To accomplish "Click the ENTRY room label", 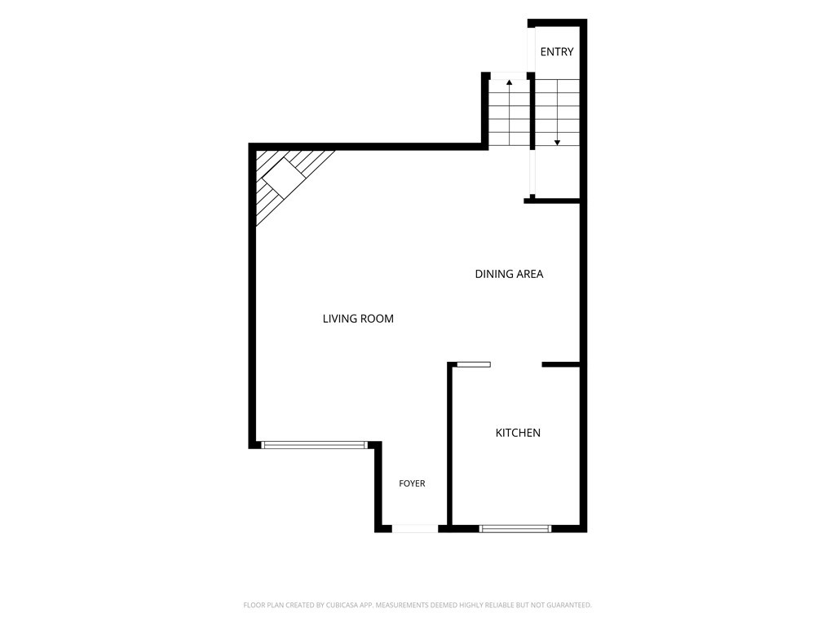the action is click(556, 51).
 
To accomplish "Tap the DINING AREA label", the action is click(509, 274).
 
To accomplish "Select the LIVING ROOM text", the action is click(358, 319).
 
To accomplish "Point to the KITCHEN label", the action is click(518, 433).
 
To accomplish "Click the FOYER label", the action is click(412, 483).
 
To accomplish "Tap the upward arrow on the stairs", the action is click(509, 112).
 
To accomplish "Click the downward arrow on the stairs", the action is click(557, 112).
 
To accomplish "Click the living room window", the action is click(314, 445).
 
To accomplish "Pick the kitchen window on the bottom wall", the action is click(515, 528).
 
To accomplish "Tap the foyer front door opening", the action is click(415, 528).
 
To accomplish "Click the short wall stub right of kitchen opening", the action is click(561, 364).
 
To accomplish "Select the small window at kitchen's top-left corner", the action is click(474, 364).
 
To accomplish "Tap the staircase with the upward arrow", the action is click(509, 112).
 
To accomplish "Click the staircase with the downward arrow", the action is click(557, 112).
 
